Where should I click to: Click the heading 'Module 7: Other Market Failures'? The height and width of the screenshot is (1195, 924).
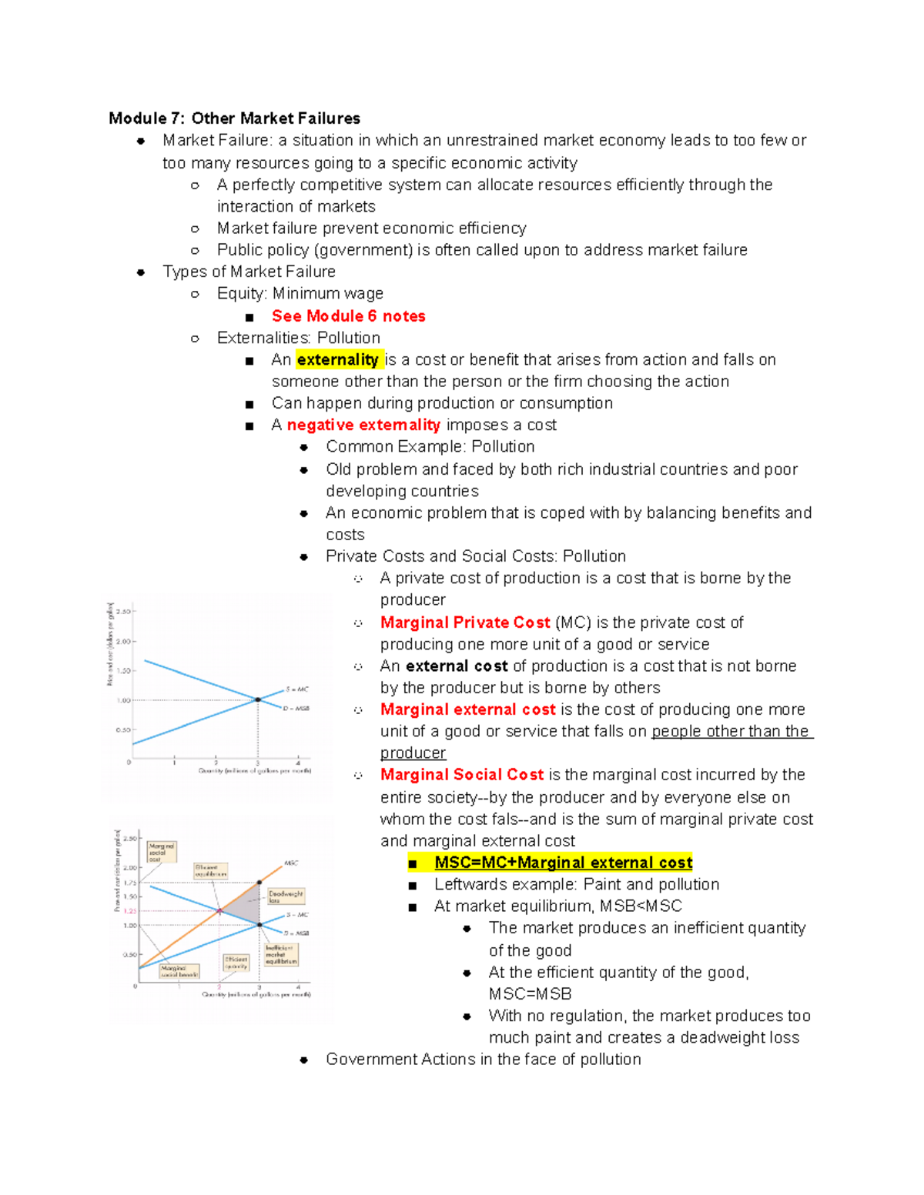pyautogui.click(x=234, y=118)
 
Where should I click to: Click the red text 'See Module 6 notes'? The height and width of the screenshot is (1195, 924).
pyautogui.click(x=348, y=316)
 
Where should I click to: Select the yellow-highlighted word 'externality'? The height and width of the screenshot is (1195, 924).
pyautogui.click(x=337, y=360)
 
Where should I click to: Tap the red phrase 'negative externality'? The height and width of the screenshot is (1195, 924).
pyautogui.click(x=363, y=426)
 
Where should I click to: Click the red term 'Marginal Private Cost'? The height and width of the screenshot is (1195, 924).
pyautogui.click(x=465, y=623)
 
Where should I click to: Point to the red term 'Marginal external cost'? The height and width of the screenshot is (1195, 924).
pyautogui.click(x=467, y=709)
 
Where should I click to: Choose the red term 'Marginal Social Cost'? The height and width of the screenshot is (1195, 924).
pyautogui.click(x=462, y=775)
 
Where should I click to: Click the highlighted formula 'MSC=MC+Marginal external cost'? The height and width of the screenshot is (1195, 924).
pyautogui.click(x=563, y=863)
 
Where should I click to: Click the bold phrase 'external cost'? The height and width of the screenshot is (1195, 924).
pyautogui.click(x=457, y=666)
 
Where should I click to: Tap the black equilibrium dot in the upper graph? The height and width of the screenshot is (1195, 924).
pyautogui.click(x=258, y=699)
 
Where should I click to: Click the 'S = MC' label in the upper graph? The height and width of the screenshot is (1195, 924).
pyautogui.click(x=297, y=689)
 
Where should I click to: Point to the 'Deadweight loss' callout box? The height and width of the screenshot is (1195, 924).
pyautogui.click(x=286, y=896)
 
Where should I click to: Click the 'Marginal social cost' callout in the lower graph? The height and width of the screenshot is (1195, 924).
pyautogui.click(x=162, y=852)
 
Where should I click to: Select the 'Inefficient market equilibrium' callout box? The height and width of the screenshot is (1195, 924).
pyautogui.click(x=281, y=955)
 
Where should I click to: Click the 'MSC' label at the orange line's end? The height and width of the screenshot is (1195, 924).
pyautogui.click(x=291, y=863)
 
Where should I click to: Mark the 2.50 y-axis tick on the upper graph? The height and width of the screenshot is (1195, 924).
pyautogui.click(x=123, y=612)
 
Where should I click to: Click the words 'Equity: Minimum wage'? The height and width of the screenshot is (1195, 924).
pyautogui.click(x=300, y=294)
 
